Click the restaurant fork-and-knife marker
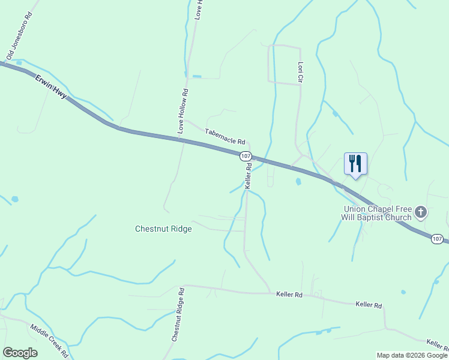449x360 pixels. tap(355, 163)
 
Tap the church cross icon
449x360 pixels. tap(421, 212)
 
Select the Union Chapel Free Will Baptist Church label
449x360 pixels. tap(377, 213)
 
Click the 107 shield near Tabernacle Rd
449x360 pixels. tap(245, 156)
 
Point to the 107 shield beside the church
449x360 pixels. tap(438, 239)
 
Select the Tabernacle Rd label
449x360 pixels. tap(225, 137)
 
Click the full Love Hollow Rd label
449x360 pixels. tap(183, 111)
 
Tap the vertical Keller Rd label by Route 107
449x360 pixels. tap(247, 176)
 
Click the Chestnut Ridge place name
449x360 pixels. tap(163, 229)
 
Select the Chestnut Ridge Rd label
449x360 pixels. tap(177, 314)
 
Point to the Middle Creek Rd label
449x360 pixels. tap(50, 340)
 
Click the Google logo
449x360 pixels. tap(20, 353)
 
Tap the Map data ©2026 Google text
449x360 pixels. tap(412, 355)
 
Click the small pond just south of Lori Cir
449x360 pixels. tap(298, 181)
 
